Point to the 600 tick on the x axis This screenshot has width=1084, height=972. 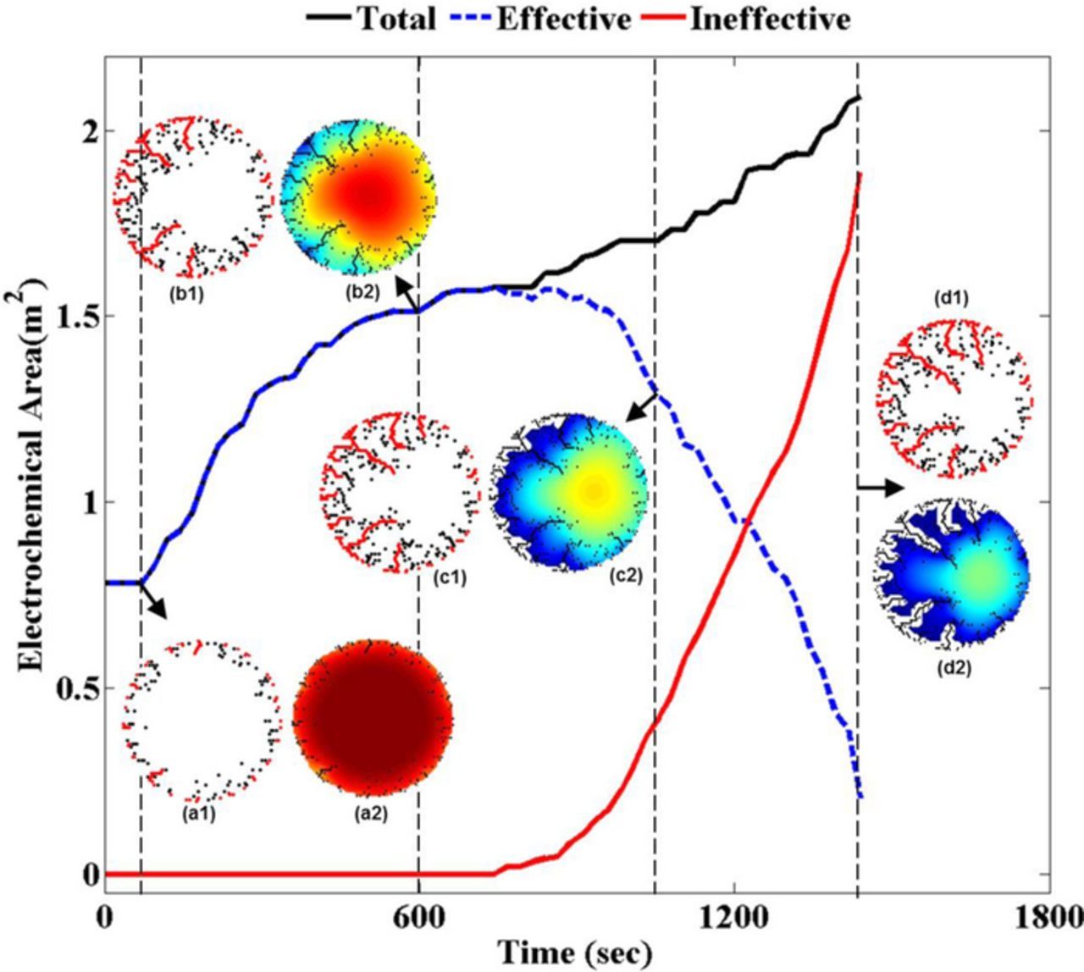[x=418, y=918]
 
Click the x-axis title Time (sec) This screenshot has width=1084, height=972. [x=574, y=953]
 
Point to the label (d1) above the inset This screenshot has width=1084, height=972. [x=951, y=297]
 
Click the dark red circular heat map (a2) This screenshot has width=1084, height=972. [x=372, y=718]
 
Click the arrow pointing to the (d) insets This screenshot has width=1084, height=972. [x=881, y=487]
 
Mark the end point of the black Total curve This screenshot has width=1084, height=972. [x=859, y=97]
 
